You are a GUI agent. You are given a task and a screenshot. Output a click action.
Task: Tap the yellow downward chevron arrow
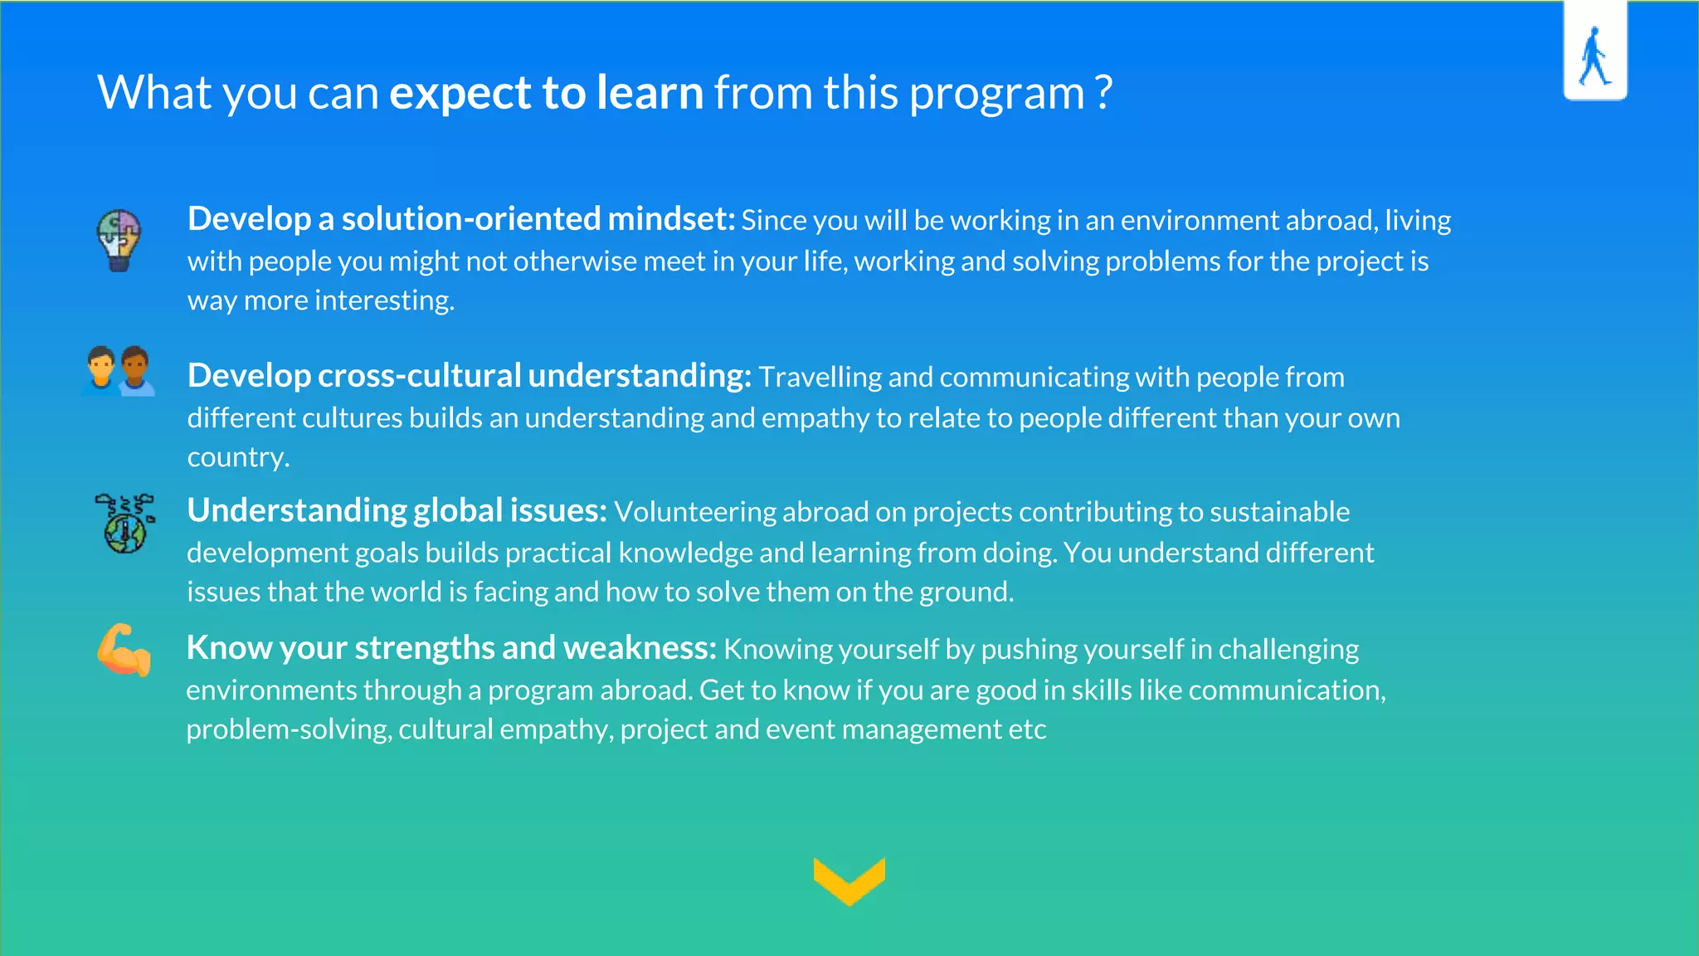[849, 880]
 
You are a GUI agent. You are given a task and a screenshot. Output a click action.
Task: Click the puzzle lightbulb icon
[119, 240]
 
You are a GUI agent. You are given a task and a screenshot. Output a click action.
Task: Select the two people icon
[119, 371]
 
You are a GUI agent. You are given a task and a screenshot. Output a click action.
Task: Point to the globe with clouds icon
[124, 524]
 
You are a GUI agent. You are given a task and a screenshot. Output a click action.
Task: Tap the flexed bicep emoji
[124, 650]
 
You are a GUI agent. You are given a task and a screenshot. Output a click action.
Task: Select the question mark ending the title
[1103, 92]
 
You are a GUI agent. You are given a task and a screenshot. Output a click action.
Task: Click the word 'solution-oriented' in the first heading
[471, 219]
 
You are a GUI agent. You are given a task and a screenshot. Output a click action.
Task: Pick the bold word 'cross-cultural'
[419, 376]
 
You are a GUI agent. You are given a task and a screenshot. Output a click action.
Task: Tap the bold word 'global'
[457, 510]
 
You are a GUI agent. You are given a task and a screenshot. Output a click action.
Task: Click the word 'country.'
[238, 457]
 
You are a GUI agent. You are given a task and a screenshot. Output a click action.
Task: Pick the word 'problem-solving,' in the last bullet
[288, 729]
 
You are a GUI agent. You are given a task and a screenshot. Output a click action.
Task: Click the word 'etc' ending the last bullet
[1027, 729]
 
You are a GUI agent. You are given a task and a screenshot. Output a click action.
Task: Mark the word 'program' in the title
[996, 94]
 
